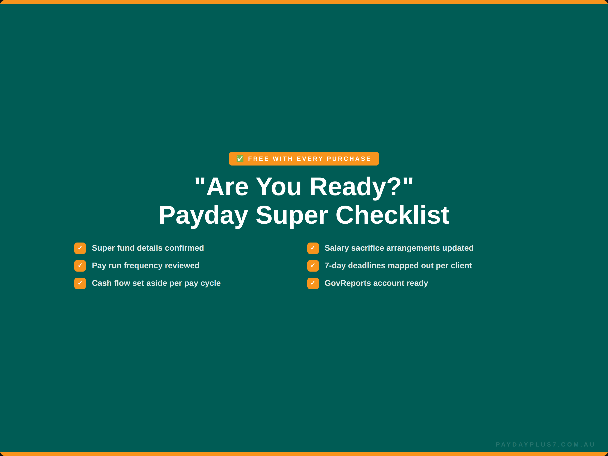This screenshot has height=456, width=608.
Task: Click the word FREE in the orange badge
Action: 258,159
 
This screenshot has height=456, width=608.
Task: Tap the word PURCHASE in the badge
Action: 349,159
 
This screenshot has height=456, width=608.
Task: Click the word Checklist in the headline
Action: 392,215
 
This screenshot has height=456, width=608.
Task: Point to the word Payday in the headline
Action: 203,215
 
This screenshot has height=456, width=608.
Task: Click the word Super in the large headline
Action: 292,215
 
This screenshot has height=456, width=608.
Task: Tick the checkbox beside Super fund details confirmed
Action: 80,248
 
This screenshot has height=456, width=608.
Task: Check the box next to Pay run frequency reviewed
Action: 80,266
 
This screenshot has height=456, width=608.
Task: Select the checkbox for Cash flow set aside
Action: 80,283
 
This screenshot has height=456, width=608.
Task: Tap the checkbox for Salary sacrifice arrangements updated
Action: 313,248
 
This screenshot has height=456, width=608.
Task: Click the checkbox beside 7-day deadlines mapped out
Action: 313,266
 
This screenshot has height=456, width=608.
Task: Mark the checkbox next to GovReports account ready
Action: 313,283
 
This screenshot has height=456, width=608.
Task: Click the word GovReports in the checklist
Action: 348,283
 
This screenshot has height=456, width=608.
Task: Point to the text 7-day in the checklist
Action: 335,265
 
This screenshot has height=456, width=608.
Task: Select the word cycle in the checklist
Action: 211,283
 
